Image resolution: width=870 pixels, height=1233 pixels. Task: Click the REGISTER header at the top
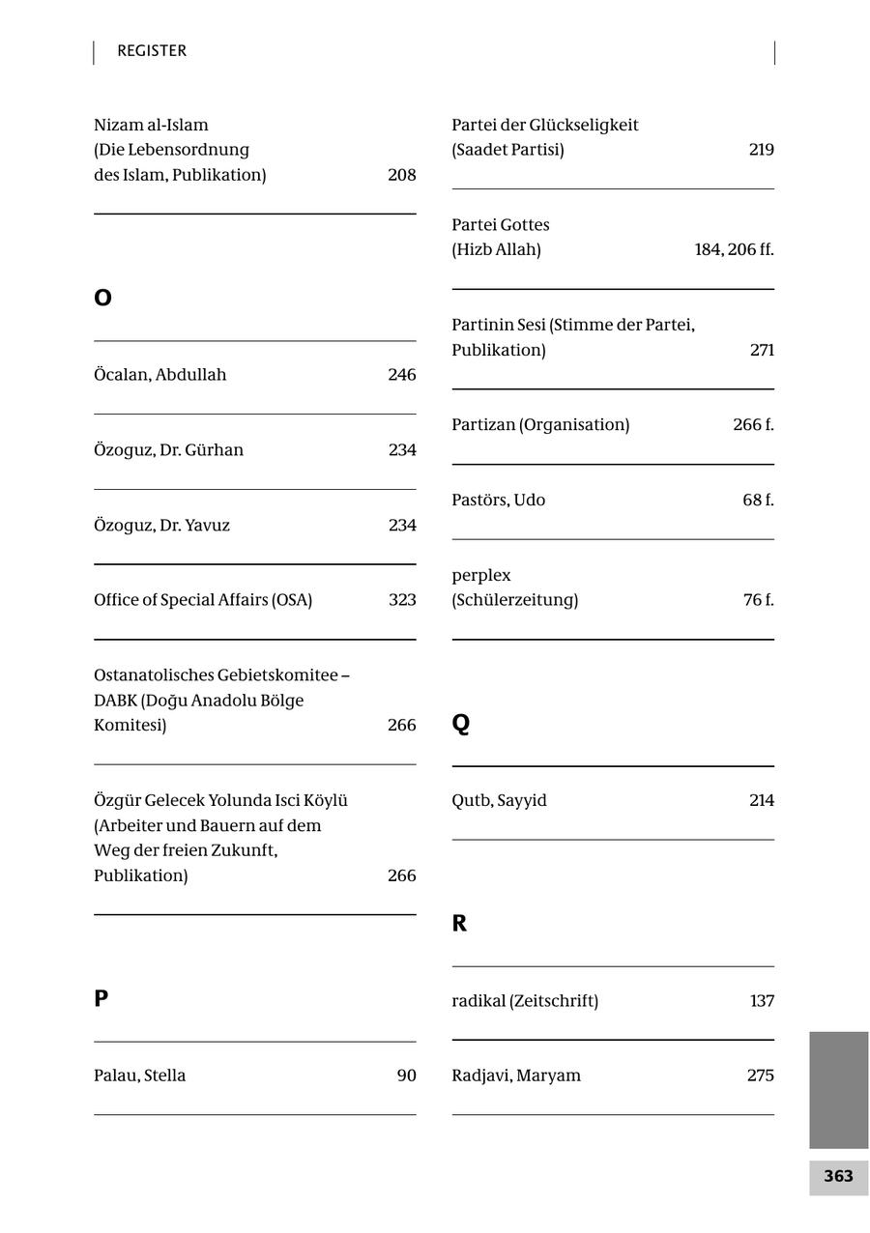point(152,51)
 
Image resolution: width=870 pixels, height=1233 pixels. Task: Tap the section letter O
point(102,298)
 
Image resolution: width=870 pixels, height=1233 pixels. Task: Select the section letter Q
point(461,723)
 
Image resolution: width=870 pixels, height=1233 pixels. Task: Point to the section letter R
point(459,923)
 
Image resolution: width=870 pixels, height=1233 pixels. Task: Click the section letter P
point(101,998)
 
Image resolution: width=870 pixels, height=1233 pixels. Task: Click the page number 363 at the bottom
point(838,1176)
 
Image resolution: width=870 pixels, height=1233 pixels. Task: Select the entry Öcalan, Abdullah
point(160,375)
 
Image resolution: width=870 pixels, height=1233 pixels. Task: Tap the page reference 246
point(401,375)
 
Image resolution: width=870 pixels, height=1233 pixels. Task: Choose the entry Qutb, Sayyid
point(499,800)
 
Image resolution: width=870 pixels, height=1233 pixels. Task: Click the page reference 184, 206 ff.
point(734,249)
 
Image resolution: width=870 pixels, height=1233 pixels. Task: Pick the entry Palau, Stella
point(140,1075)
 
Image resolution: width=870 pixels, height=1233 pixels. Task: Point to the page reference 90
point(406,1075)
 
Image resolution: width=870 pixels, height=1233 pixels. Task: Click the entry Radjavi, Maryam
point(516,1075)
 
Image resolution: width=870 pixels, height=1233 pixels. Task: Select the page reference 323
point(402,600)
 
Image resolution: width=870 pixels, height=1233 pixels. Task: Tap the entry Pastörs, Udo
point(498,500)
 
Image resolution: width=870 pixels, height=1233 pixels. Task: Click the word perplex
point(481,575)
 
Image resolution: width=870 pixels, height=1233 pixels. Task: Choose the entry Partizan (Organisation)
point(540,425)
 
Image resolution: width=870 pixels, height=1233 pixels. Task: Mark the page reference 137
point(762,1001)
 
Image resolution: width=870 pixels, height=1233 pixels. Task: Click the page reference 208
point(401,175)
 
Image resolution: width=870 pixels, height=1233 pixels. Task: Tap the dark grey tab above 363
point(838,1089)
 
